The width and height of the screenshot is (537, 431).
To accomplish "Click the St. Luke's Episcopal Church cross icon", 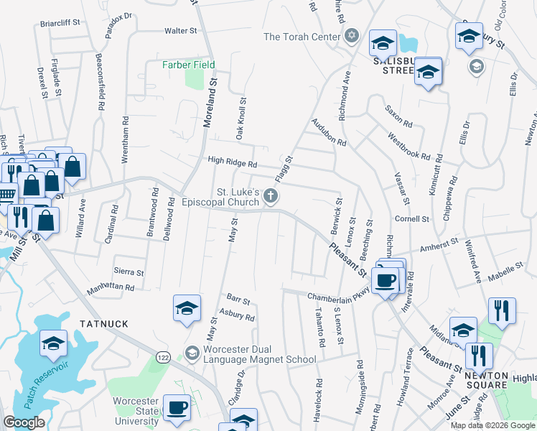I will coord(271,195).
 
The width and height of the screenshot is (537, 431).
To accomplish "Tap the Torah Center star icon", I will coord(351,36).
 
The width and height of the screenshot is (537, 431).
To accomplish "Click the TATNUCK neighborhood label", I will coord(104,324).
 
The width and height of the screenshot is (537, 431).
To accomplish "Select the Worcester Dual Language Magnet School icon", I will coord(191,353).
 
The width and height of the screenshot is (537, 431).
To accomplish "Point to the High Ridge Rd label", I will coord(232,163).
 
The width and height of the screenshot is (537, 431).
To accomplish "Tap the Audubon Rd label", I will coord(329,133).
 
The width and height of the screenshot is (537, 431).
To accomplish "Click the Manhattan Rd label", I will coord(111,287).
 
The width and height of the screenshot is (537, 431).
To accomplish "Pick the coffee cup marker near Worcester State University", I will coord(177,407).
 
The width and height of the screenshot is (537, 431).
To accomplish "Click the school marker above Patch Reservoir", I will coord(53,343).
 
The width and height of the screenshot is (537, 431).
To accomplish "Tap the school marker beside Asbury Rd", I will coord(187,307).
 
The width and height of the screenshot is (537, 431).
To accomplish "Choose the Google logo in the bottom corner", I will coord(24,422).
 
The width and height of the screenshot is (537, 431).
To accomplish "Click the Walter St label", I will coord(180,31).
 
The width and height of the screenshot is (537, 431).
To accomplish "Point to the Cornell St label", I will coord(411,218).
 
